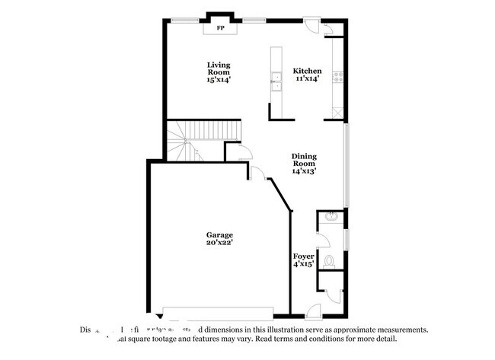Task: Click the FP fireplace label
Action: pos(222,28)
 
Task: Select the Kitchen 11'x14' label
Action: pos(307,75)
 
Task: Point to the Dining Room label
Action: pos(303,164)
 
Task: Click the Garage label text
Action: pos(219,234)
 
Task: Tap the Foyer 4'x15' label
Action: pos(303,261)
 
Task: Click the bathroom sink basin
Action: pos(331,218)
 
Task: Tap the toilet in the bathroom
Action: pos(329,260)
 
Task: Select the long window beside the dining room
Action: pos(346,164)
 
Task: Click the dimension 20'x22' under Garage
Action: pos(219,243)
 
